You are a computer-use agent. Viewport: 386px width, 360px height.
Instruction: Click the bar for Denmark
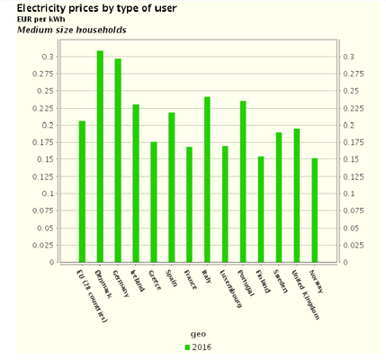click(x=100, y=157)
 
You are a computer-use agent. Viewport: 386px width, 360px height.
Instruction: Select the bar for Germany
click(x=118, y=160)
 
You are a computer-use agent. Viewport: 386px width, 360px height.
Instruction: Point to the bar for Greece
click(x=154, y=202)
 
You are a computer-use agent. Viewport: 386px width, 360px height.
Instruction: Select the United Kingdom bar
click(x=296, y=195)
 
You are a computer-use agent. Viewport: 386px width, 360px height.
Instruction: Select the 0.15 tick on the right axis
click(x=349, y=159)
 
